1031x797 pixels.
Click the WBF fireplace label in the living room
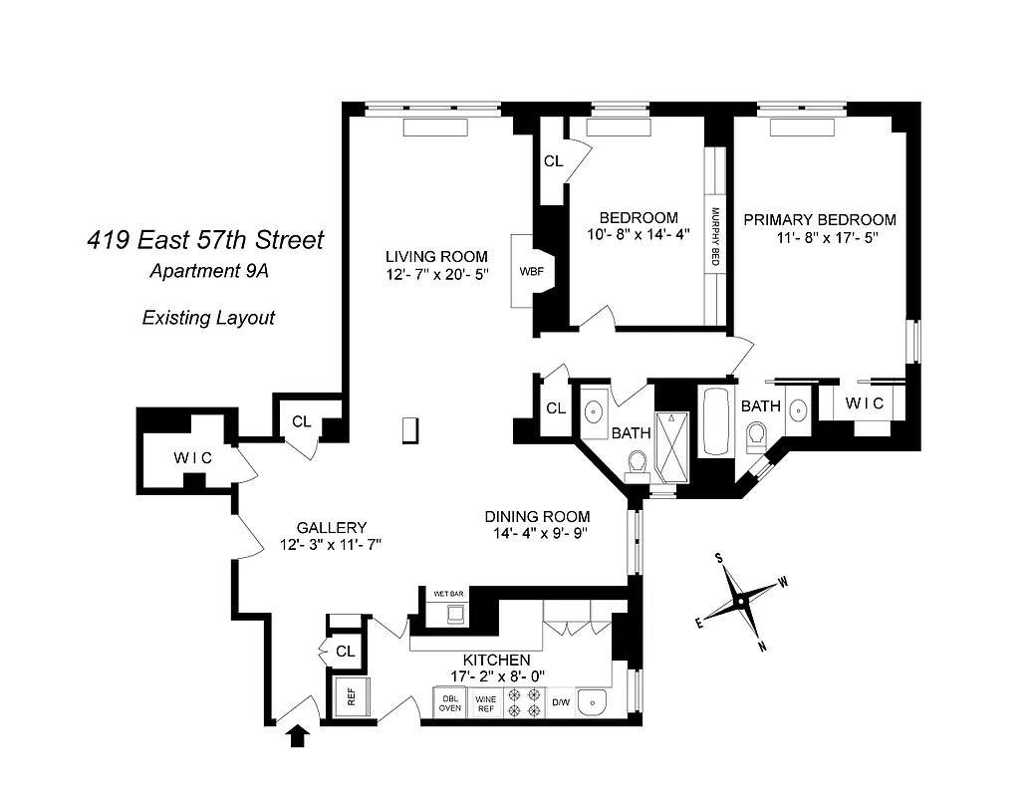(x=529, y=270)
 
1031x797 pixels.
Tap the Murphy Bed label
(x=715, y=237)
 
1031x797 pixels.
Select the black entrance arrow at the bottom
(x=296, y=736)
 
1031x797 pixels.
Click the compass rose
(x=741, y=601)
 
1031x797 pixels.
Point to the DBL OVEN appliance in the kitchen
(x=449, y=702)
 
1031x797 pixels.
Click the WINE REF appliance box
(x=485, y=702)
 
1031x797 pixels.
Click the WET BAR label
(x=448, y=594)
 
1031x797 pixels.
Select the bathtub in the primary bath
(x=716, y=421)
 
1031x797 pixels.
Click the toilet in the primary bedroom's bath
(x=756, y=435)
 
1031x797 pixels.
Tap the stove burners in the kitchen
(x=522, y=702)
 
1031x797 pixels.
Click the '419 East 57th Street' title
(x=204, y=240)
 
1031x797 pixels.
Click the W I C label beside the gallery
(x=192, y=457)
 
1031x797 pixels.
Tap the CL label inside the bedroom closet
(x=553, y=160)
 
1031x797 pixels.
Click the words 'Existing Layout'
(x=208, y=318)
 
